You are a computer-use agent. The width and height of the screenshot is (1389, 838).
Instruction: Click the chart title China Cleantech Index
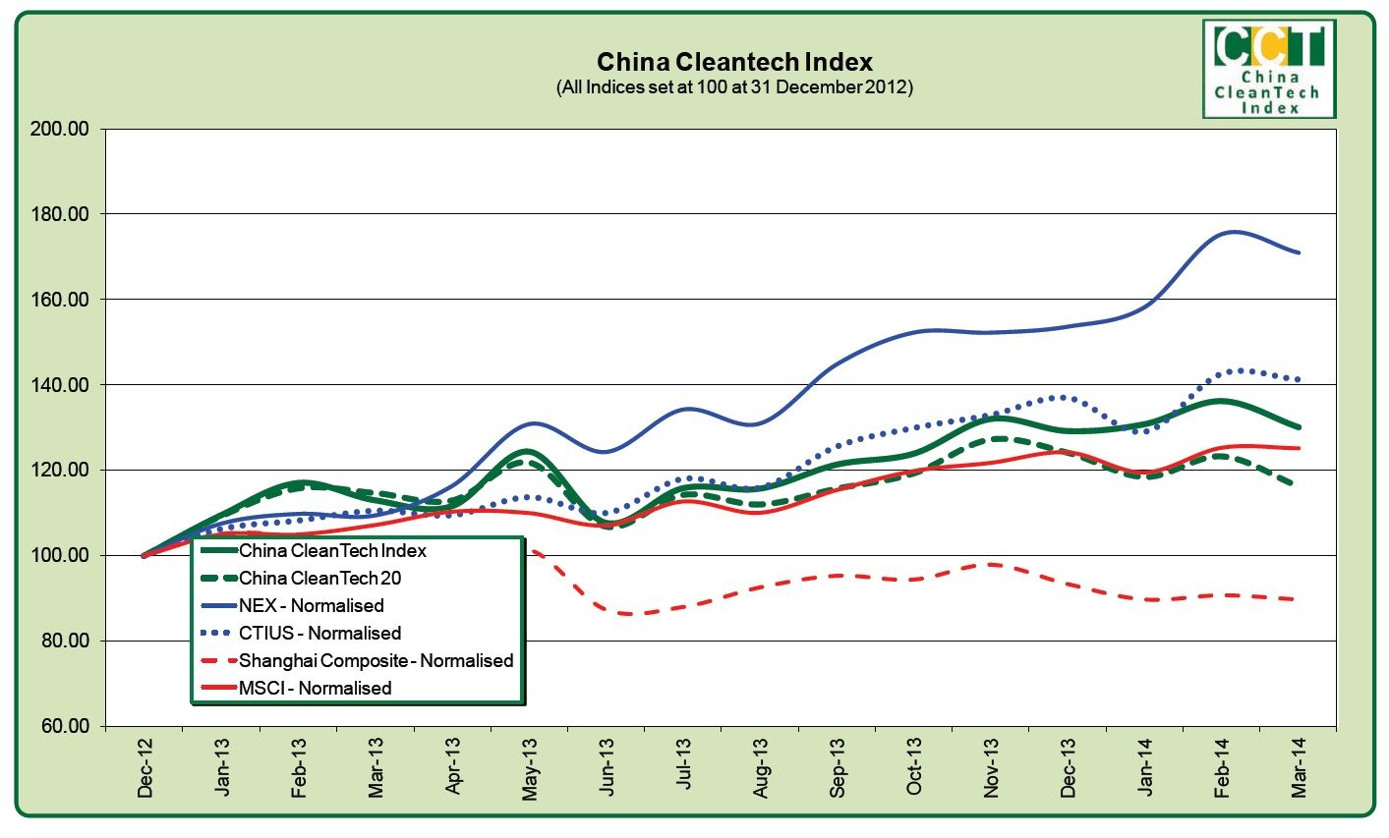734,63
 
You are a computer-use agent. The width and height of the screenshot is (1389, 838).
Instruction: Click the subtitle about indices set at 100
734,87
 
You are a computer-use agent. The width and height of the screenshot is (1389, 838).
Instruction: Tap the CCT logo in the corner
1269,69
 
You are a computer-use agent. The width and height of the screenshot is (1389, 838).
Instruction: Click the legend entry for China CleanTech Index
332,551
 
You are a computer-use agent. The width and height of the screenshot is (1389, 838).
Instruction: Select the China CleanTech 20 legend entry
319,579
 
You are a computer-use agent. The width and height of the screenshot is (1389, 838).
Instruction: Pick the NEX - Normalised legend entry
311,606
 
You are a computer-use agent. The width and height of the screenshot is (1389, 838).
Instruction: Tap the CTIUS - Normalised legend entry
319,634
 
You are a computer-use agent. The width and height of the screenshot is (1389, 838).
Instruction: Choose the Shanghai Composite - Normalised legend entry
376,661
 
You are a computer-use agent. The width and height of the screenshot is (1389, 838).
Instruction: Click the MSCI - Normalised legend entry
315,689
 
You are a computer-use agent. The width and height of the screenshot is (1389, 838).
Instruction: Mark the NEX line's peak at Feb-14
1232,232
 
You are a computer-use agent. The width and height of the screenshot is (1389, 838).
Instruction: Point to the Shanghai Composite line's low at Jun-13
624,614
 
